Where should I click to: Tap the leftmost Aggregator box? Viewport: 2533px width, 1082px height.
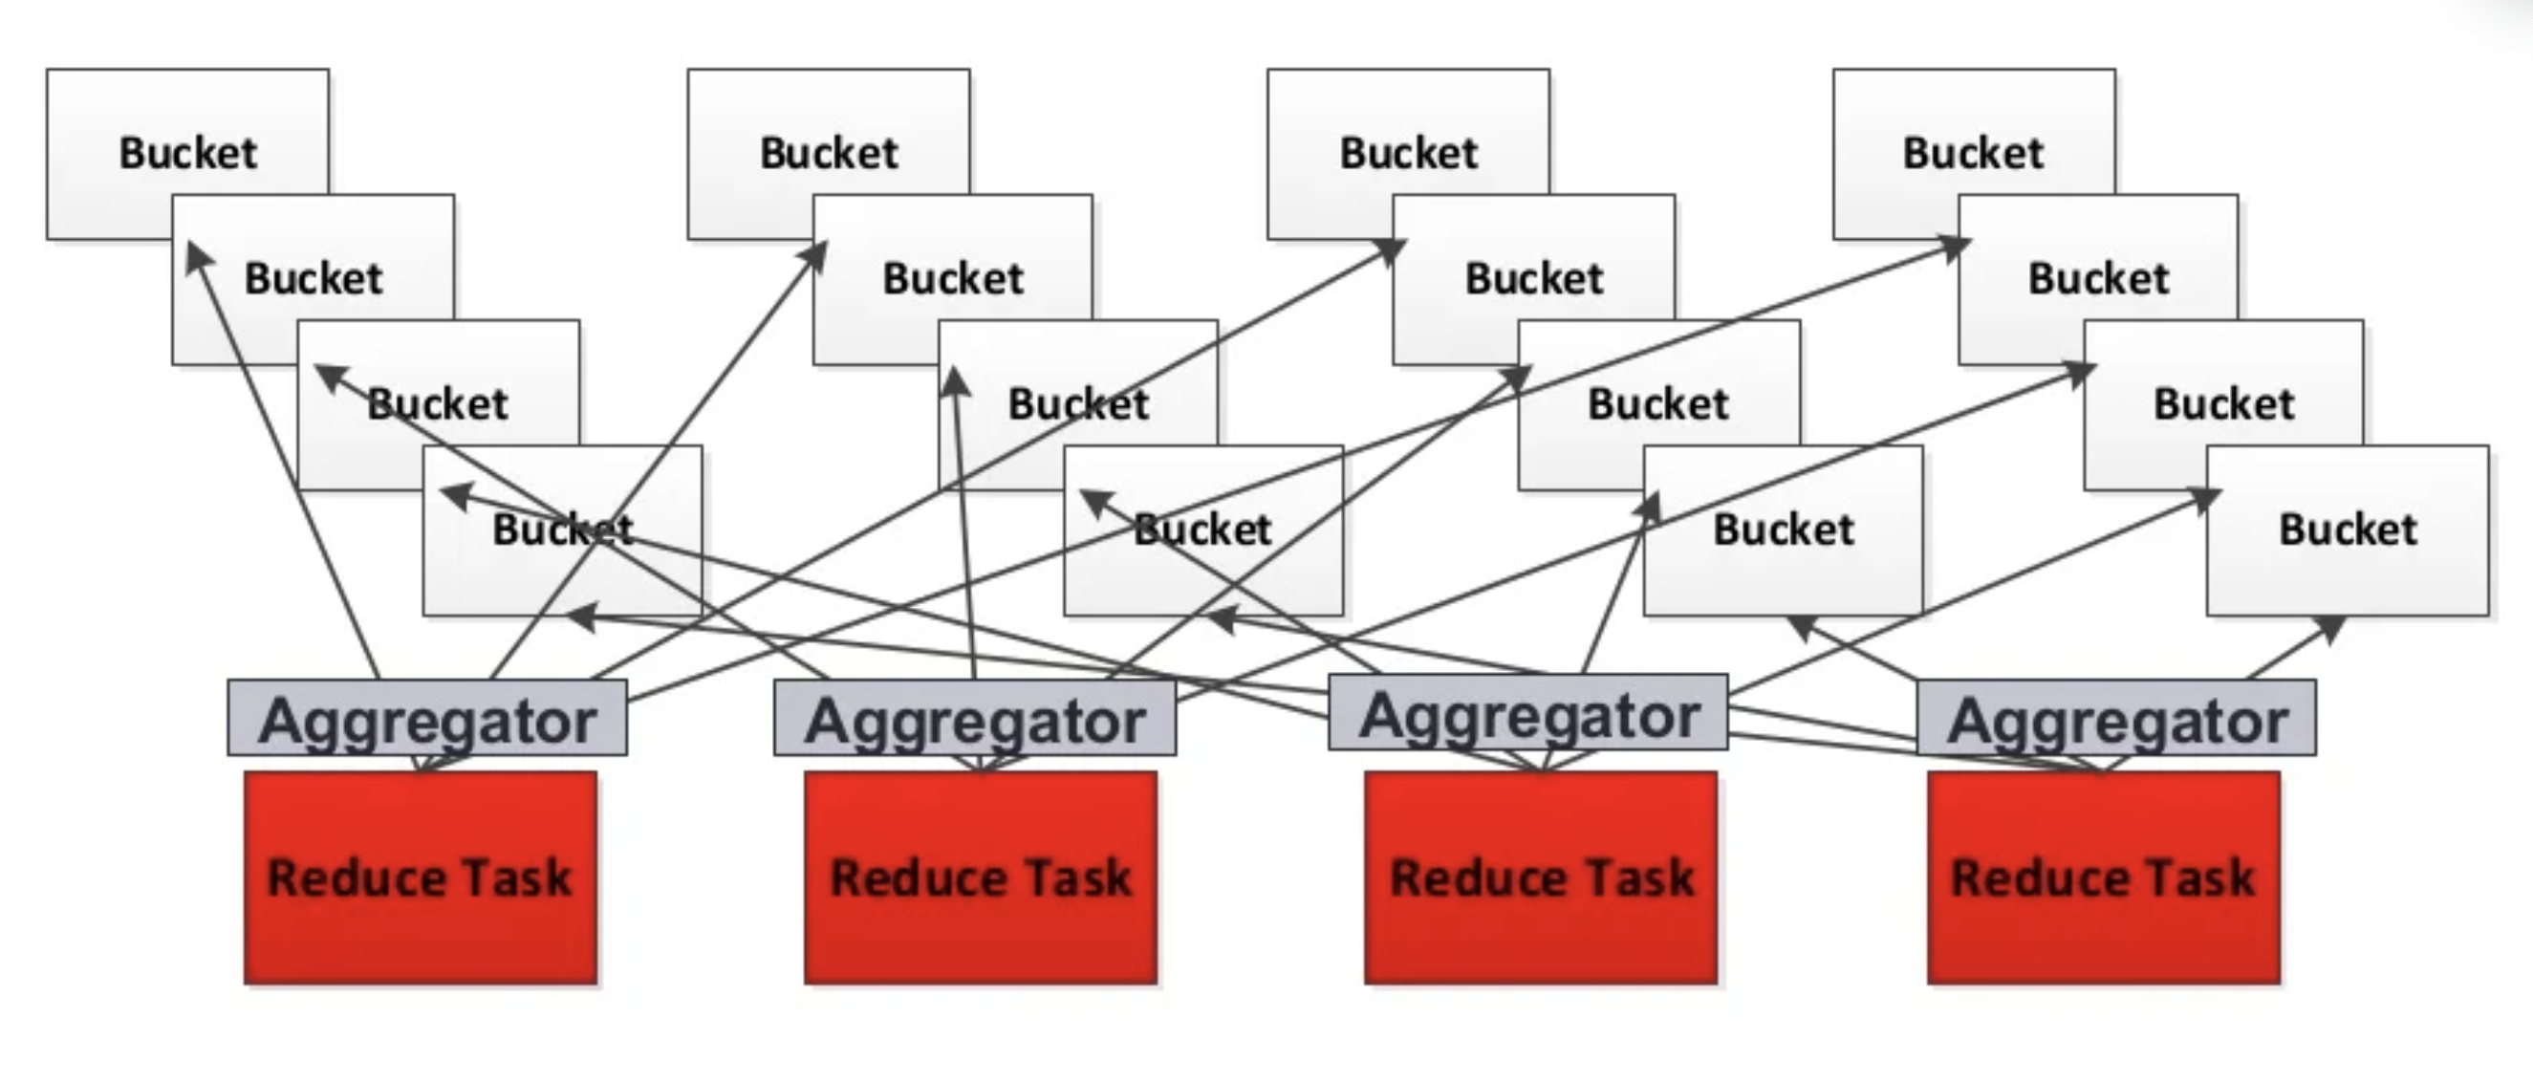426,719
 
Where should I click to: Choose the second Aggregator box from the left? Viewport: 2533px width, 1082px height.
974,719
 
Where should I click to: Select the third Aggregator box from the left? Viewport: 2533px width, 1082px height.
1528,714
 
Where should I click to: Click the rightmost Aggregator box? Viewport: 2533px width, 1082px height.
2116,719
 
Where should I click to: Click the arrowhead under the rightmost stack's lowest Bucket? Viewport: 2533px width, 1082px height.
2330,628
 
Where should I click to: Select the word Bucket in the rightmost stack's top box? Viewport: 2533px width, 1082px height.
1974,153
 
